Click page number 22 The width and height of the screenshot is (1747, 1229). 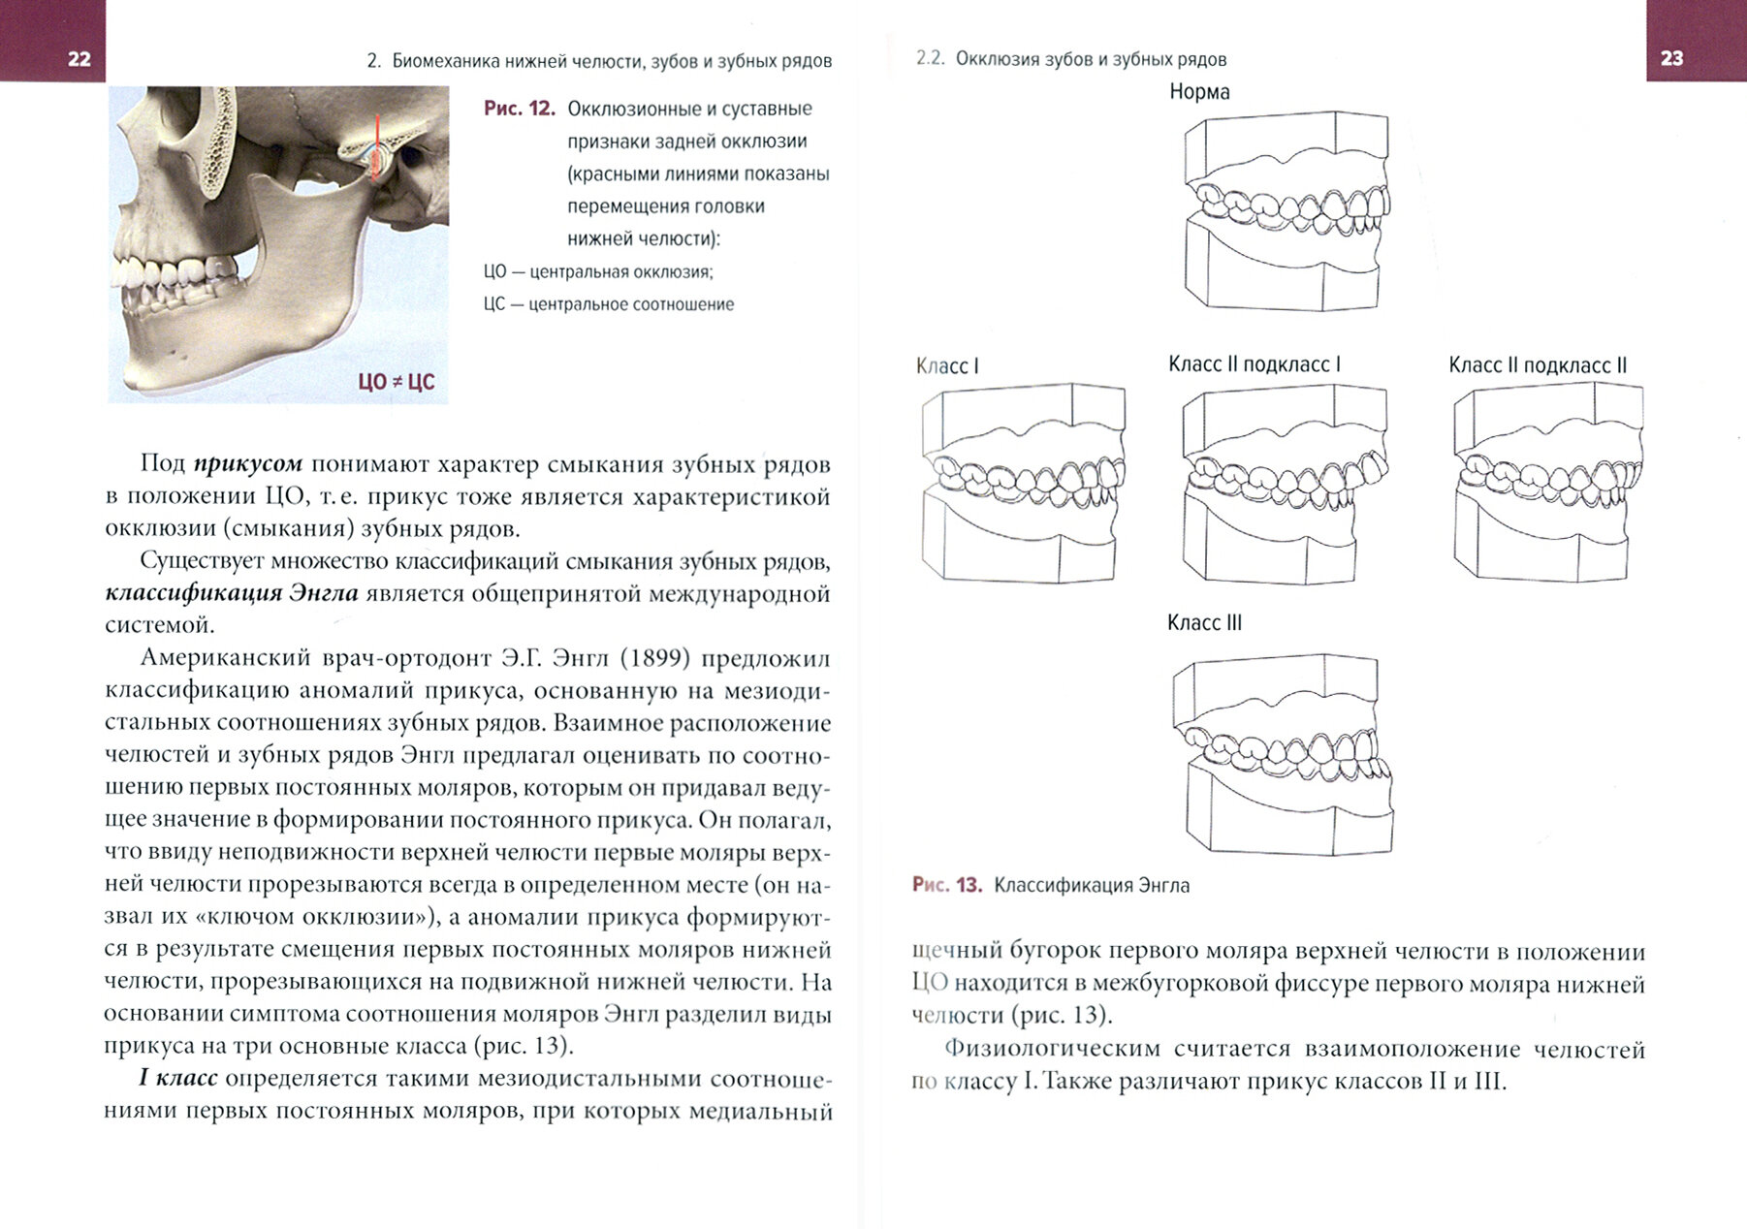click(79, 59)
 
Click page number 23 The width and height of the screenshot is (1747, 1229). click(1671, 58)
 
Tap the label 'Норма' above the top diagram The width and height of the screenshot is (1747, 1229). click(1199, 92)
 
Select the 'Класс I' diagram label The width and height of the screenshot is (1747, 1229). click(947, 366)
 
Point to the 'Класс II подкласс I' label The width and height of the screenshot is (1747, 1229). click(1254, 364)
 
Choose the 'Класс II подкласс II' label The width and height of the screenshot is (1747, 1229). click(1537, 365)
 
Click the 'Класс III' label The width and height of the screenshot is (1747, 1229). click(1204, 623)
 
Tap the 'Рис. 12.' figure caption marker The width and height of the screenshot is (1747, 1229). click(519, 109)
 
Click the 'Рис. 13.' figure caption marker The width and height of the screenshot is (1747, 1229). click(946, 885)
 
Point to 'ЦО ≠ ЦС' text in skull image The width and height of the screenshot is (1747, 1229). click(396, 382)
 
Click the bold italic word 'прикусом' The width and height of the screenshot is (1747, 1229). click(248, 464)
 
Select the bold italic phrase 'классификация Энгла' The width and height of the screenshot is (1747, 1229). click(232, 593)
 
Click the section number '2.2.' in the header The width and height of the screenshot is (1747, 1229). click(930, 59)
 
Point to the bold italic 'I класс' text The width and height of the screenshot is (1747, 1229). click(180, 1079)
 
